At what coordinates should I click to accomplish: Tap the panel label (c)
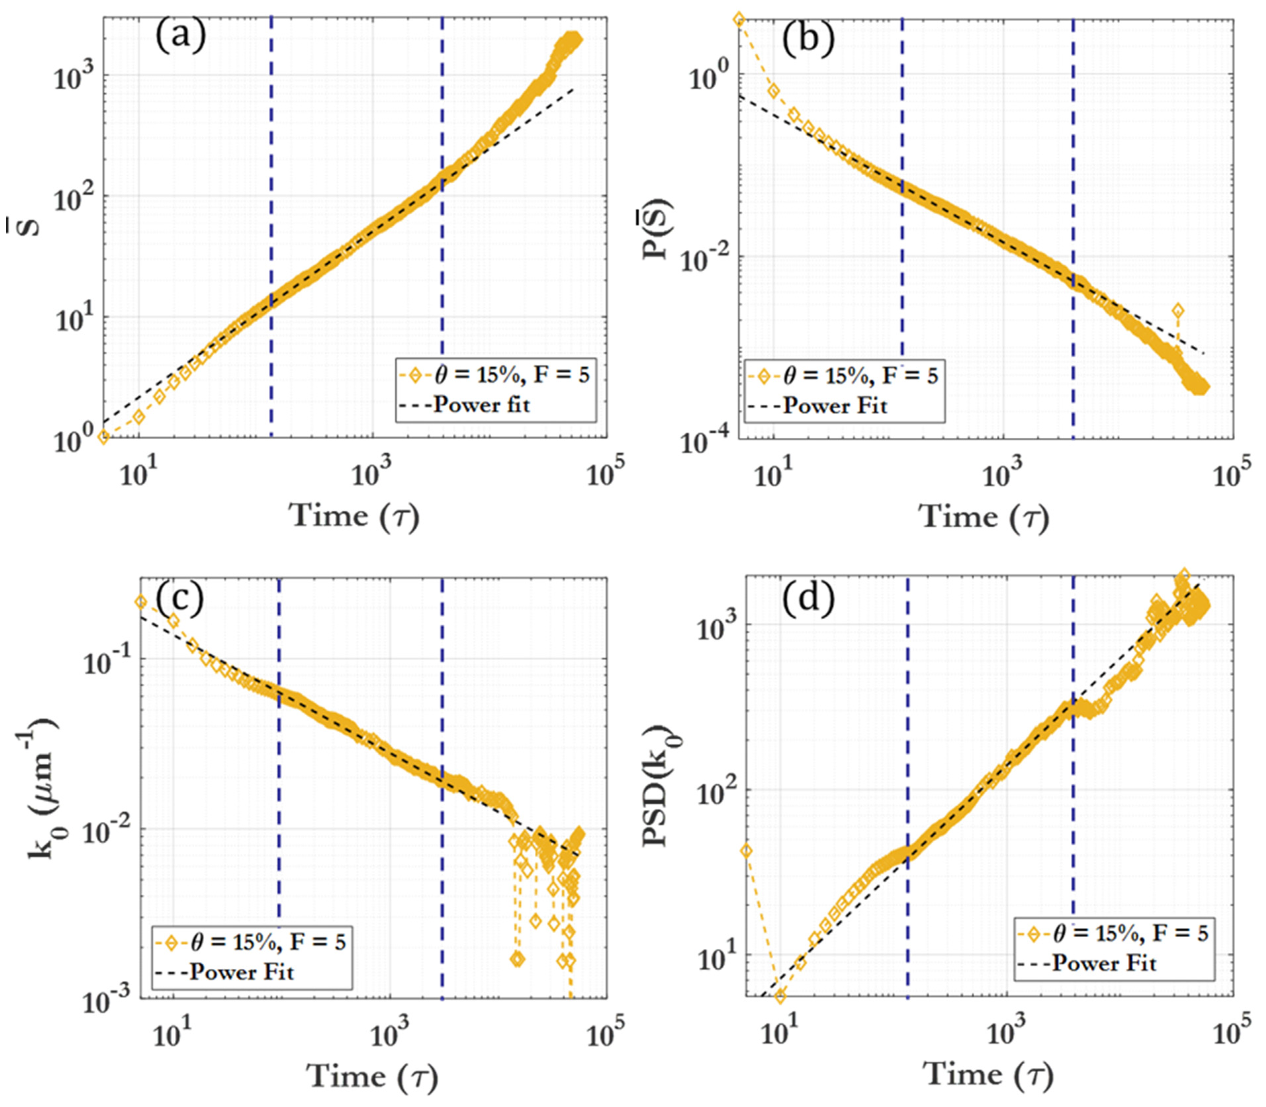click(x=179, y=599)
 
